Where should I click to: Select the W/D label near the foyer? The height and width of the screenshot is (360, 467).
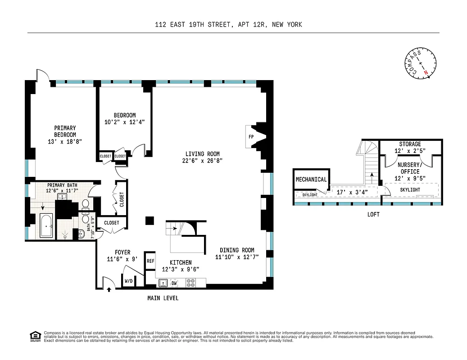129,281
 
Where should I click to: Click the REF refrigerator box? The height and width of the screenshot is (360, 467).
150,261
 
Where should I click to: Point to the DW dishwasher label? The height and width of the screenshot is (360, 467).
174,283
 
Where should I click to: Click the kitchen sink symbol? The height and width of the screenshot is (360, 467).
163,283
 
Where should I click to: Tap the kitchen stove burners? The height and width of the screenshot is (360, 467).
191,283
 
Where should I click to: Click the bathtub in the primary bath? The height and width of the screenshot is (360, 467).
46,226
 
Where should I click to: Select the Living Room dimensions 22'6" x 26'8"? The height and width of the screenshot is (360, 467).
203,161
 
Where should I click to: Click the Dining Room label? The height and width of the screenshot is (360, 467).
237,250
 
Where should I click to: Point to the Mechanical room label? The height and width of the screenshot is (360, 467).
311,180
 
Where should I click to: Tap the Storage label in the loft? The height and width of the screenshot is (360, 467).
410,144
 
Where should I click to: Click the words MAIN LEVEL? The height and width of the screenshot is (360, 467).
163,298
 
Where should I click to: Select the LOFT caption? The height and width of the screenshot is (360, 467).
373,215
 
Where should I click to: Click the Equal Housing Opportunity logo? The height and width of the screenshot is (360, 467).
34,335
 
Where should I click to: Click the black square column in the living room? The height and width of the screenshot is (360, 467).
149,220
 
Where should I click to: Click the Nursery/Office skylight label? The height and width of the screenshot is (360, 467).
410,190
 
